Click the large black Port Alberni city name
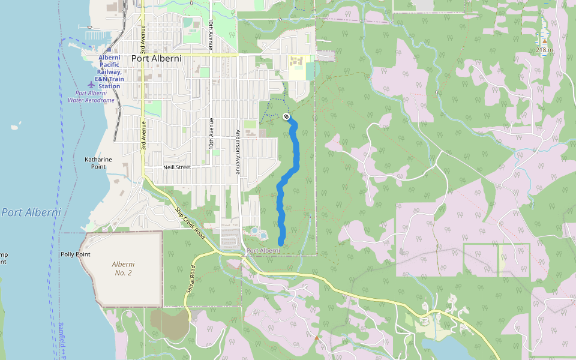[156, 59]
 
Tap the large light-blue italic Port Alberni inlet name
[31, 212]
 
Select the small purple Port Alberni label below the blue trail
[263, 250]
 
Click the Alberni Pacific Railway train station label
[109, 72]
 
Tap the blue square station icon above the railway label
[109, 50]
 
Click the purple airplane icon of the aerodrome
[91, 84]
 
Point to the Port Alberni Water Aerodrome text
[91, 96]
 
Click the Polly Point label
[76, 254]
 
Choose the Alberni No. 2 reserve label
[123, 268]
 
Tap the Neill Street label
[177, 167]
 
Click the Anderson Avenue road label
[238, 152]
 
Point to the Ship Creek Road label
[190, 223]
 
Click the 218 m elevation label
[544, 50]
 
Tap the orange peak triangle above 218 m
[544, 42]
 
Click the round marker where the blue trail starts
[287, 116]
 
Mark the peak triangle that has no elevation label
[317, 338]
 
